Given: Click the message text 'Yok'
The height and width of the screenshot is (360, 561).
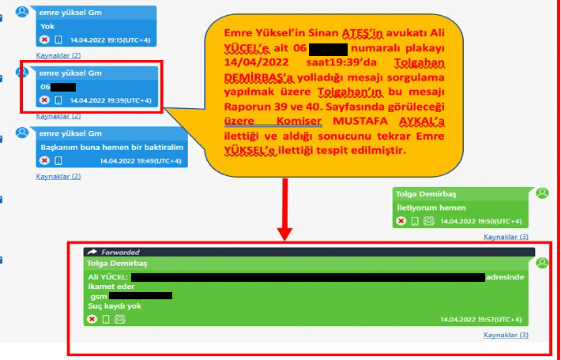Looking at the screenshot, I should [x=47, y=25].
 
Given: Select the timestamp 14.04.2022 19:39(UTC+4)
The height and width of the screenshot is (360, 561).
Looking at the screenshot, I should [x=111, y=100].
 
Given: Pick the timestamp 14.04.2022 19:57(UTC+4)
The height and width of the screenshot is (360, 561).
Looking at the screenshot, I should [x=481, y=320].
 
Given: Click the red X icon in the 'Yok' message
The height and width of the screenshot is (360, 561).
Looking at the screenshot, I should [x=44, y=39].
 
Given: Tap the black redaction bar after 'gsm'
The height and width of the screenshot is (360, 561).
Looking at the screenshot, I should [x=140, y=296].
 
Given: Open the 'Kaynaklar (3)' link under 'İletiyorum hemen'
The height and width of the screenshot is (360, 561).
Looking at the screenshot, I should [x=506, y=237].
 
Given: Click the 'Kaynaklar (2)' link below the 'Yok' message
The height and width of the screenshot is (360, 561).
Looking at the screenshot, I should [x=58, y=55].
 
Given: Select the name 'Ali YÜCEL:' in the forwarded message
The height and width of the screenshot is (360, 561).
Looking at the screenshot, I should [x=108, y=277].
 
